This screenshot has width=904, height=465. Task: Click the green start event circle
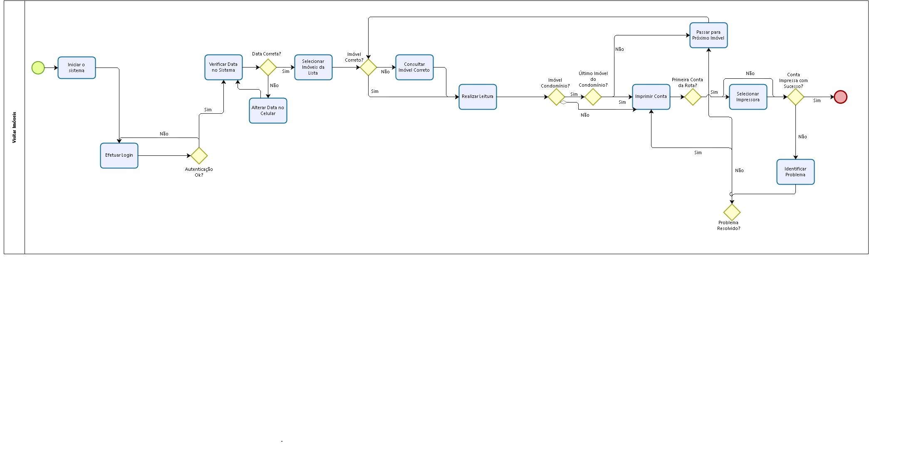coord(38,67)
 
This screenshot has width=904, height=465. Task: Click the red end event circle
coord(840,97)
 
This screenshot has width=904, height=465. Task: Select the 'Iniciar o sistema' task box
coord(77,68)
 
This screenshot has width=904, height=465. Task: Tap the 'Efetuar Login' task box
coord(119,155)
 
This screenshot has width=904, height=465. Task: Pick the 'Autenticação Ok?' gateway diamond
coord(199,155)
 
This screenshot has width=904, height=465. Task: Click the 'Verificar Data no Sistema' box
coord(223,67)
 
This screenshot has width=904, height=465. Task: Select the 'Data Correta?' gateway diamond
coord(268,67)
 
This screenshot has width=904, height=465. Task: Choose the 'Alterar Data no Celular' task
coord(268,111)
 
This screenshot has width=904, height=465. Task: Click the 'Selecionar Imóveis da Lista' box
coord(313,67)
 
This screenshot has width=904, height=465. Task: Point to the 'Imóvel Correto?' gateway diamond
coord(368,67)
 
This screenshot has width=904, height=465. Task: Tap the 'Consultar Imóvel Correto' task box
coord(414,67)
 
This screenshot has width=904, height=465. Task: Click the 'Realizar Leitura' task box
coord(478,97)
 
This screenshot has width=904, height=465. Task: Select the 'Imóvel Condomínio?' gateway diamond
coord(556,97)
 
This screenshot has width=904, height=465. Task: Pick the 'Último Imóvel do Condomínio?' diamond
coord(593,97)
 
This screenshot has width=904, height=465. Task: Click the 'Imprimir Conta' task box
coord(651,97)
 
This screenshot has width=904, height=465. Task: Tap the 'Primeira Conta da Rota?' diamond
coord(693,97)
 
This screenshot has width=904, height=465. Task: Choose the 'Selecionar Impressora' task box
coord(748,97)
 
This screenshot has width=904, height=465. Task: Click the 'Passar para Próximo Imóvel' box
coord(708,35)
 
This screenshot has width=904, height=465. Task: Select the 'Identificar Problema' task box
coord(795,172)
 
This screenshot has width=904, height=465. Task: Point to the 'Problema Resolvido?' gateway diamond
coord(732,212)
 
